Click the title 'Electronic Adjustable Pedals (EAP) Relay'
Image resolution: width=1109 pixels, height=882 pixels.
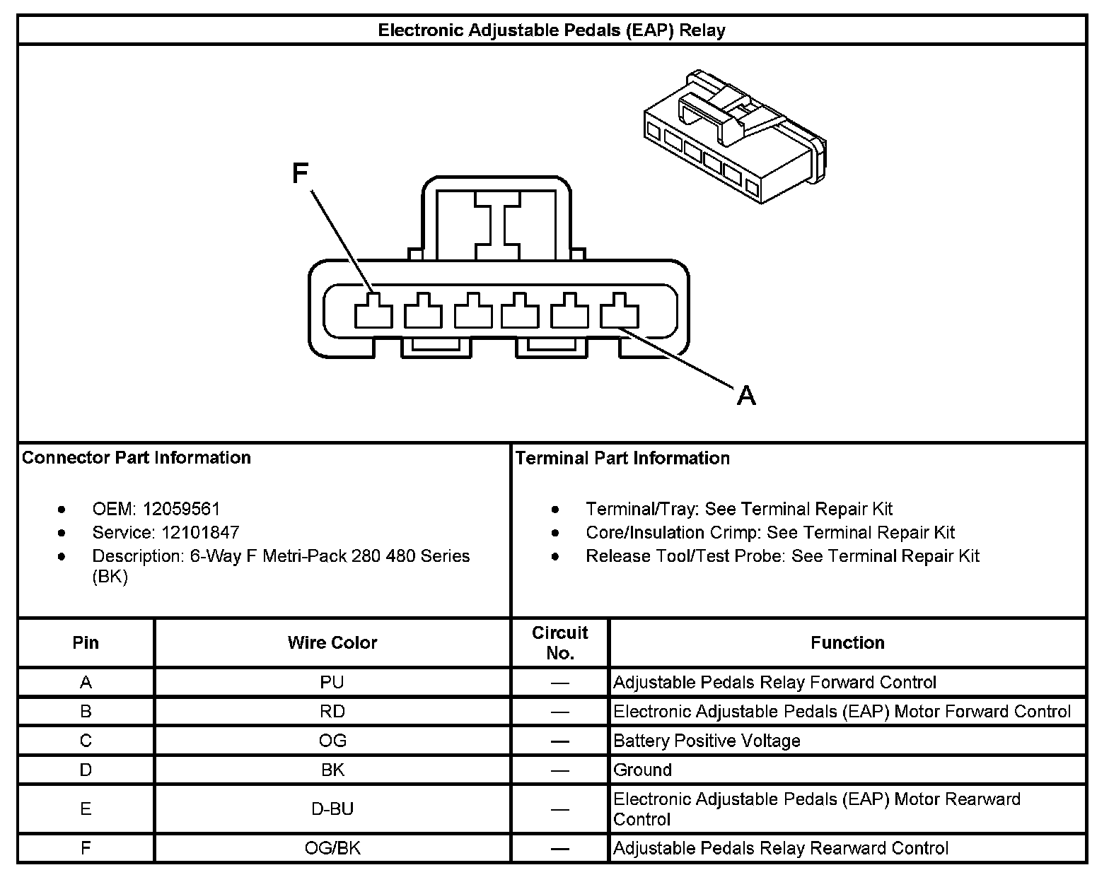click(x=552, y=30)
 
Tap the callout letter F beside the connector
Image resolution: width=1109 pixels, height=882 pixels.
click(x=301, y=173)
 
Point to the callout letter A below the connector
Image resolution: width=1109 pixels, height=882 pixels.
click(x=746, y=394)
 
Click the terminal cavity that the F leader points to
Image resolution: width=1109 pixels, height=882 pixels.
click(x=373, y=311)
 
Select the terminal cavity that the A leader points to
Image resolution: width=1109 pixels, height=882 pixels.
click(x=620, y=311)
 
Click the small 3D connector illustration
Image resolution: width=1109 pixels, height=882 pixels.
click(x=736, y=138)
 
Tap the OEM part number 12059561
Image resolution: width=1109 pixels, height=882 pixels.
click(x=181, y=509)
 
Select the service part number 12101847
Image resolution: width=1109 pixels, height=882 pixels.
click(x=200, y=532)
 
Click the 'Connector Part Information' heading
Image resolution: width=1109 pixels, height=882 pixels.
click(x=137, y=458)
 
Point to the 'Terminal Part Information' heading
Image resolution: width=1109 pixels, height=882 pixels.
click(x=622, y=458)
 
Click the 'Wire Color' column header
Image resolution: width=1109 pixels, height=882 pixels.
click(x=332, y=642)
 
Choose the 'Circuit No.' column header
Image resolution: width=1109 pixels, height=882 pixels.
click(x=559, y=642)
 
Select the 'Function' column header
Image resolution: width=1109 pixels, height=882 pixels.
click(x=847, y=642)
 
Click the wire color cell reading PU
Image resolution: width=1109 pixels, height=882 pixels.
click(x=332, y=682)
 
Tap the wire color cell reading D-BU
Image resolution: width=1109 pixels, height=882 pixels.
click(x=332, y=808)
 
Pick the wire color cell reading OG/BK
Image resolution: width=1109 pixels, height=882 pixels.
click(x=332, y=848)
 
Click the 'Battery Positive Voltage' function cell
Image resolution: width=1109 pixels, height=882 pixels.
click(x=707, y=741)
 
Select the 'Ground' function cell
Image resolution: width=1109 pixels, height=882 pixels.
click(x=642, y=770)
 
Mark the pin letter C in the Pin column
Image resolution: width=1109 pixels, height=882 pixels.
click(x=86, y=741)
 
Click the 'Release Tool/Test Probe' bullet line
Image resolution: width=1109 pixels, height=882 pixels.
click(x=782, y=556)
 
